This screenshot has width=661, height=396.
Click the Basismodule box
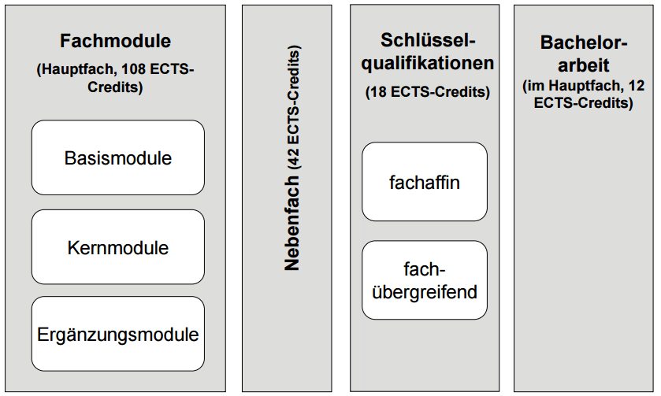[x=118, y=157]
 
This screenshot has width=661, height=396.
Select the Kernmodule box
[x=118, y=247]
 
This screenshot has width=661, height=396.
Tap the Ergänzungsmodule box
[x=118, y=334]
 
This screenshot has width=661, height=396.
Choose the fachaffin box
[x=425, y=182]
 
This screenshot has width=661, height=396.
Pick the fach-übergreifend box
[x=425, y=280]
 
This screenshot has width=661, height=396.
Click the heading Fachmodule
[x=116, y=41]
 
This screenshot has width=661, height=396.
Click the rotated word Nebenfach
[x=292, y=223]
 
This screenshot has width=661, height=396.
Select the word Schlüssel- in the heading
[x=428, y=40]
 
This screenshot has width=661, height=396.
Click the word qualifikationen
[x=428, y=63]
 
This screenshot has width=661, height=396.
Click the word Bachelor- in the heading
[x=584, y=43]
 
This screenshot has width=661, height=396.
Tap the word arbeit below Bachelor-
[x=584, y=65]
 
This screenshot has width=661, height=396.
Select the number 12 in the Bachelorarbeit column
[x=637, y=86]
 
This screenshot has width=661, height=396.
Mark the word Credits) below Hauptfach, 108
[x=116, y=87]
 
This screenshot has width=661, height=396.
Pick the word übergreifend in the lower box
[x=425, y=292]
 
